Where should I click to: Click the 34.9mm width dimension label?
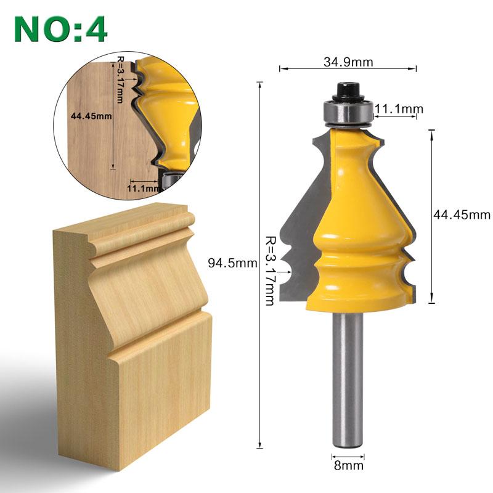pos(348,61)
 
